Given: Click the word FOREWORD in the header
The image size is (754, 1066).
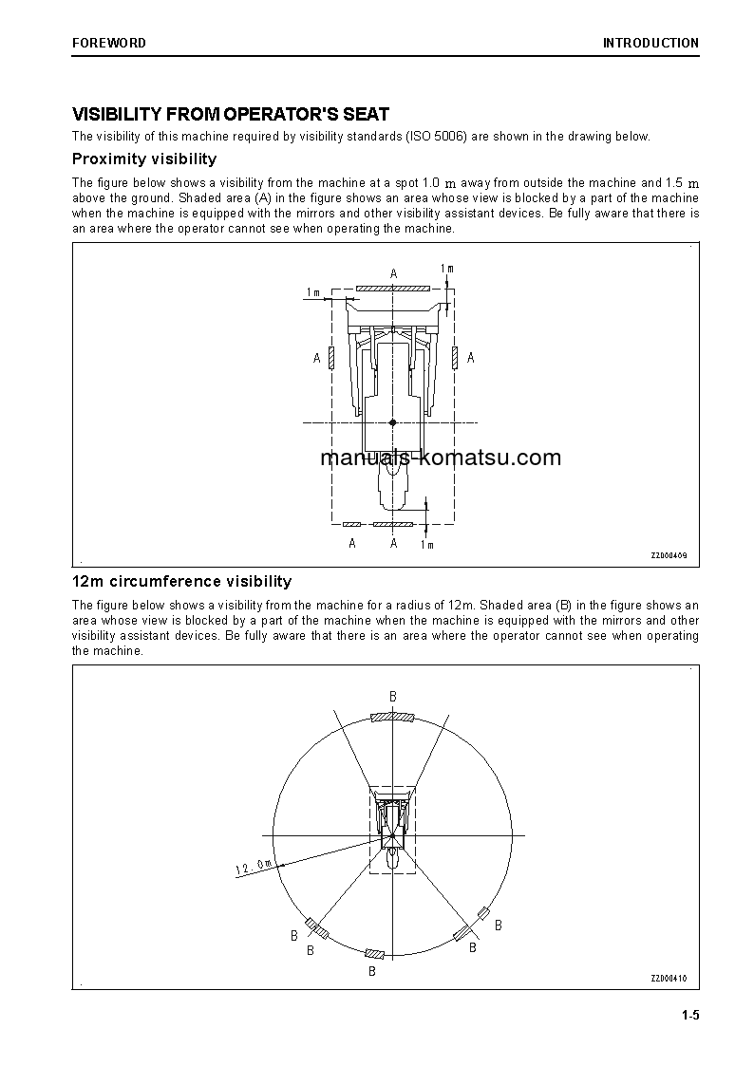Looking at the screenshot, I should click(x=109, y=43).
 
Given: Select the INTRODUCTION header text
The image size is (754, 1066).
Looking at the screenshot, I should click(x=650, y=43).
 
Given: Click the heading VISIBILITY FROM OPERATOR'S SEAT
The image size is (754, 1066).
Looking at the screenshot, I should click(x=231, y=114).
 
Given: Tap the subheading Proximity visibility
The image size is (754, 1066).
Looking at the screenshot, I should click(x=144, y=159).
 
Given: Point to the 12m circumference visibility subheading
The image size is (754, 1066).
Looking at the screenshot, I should click(x=181, y=581).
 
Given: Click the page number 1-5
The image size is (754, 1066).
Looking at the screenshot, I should click(x=689, y=1017).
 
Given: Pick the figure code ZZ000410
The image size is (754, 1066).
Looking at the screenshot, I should click(x=669, y=979).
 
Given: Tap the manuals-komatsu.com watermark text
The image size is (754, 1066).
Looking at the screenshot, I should click(x=441, y=458).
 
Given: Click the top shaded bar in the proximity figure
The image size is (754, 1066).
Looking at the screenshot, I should click(x=392, y=287).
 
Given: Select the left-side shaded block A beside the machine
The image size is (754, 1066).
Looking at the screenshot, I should click(x=330, y=357).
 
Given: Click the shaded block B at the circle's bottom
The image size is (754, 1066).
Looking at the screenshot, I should click(x=375, y=953).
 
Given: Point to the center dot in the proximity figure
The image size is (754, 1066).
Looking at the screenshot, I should click(x=392, y=421).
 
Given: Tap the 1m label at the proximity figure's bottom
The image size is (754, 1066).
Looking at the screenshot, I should click(x=426, y=545).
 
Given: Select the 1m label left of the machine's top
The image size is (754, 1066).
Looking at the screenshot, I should click(x=312, y=291).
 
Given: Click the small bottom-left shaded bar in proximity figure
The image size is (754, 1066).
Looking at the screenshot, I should click(x=351, y=524).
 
